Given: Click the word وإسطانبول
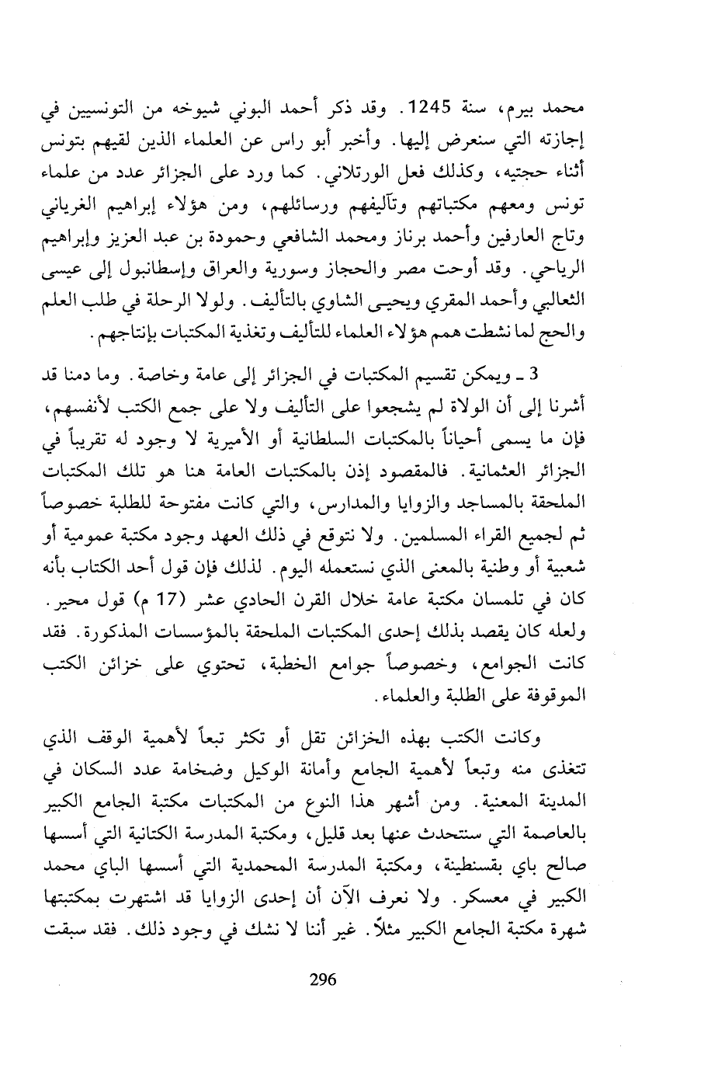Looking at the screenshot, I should [x=276, y=269].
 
